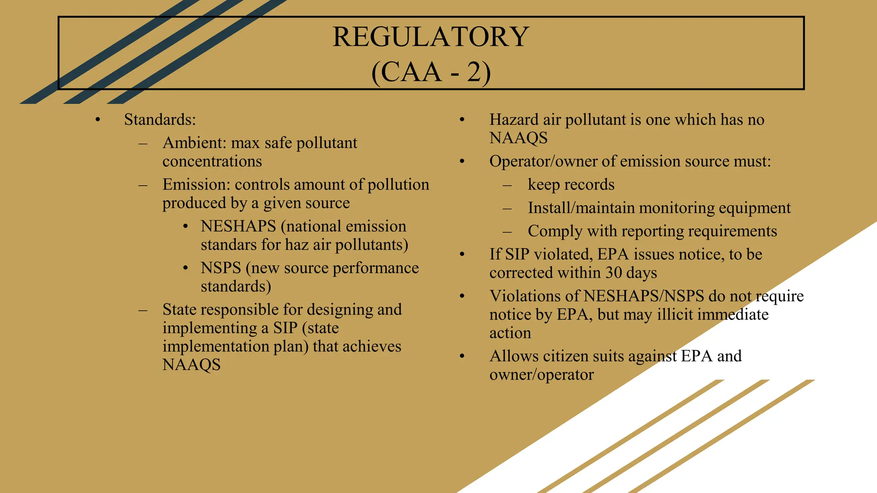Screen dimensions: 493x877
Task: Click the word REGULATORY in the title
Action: pyautogui.click(x=431, y=37)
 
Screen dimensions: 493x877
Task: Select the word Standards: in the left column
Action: pyautogui.click(x=160, y=120)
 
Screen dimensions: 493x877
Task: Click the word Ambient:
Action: pyautogui.click(x=194, y=143)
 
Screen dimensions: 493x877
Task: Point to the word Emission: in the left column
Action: pyautogui.click(x=196, y=184)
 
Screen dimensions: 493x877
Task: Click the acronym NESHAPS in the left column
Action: pyautogui.click(x=238, y=226)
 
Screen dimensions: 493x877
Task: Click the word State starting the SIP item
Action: pyautogui.click(x=181, y=309)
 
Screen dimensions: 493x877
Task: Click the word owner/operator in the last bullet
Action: pyautogui.click(x=541, y=375)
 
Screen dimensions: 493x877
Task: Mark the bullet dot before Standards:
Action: pyautogui.click(x=98, y=120)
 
